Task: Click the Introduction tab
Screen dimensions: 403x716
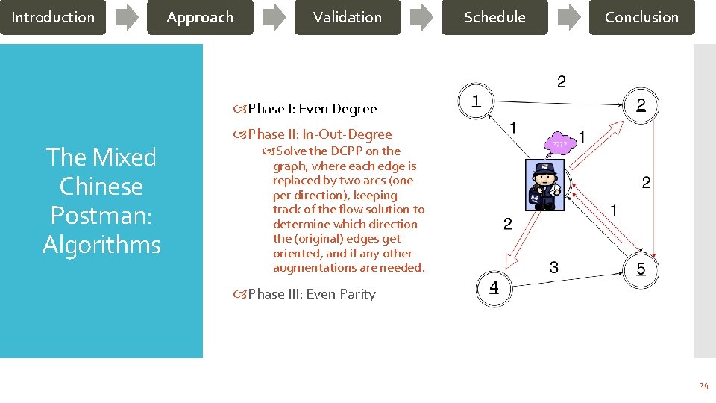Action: (x=53, y=17)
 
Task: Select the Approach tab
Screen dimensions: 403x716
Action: (x=200, y=17)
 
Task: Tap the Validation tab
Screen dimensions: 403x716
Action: (x=347, y=17)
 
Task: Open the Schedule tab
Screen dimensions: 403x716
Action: (x=494, y=17)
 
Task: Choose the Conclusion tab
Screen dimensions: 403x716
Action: (x=641, y=17)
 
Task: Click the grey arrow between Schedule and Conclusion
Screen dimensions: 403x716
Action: (x=568, y=17)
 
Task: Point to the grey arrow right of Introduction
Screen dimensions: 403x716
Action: (x=127, y=17)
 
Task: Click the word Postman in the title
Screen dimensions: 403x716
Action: (x=101, y=215)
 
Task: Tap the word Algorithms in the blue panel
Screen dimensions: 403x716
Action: (x=101, y=244)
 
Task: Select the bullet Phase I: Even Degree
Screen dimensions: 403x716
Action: (x=312, y=109)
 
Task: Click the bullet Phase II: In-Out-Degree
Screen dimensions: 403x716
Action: (x=319, y=134)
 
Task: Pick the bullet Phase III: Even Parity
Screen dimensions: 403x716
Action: (x=311, y=294)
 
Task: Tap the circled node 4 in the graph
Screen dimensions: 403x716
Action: (x=494, y=288)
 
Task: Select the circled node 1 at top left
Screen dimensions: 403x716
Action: (x=476, y=100)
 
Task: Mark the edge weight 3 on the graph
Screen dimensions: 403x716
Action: (x=553, y=267)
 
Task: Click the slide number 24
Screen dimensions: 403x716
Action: (x=703, y=386)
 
